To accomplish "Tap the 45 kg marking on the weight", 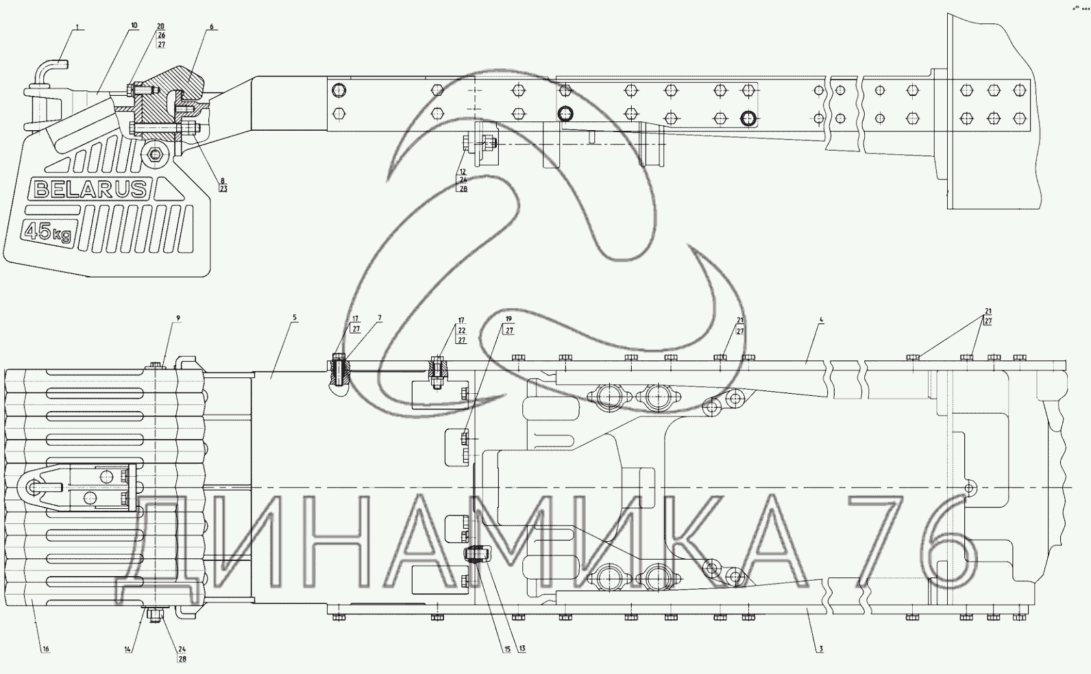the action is click(x=48, y=232).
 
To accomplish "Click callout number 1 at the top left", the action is click(x=77, y=26).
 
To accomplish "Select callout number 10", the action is click(x=134, y=26).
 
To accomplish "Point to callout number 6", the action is click(x=211, y=26).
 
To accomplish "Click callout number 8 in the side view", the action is click(x=223, y=181).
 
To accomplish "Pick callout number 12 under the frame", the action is click(x=463, y=172).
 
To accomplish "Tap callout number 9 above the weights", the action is click(x=178, y=319).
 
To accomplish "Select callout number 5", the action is click(x=295, y=318).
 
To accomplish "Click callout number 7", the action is click(x=380, y=319).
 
